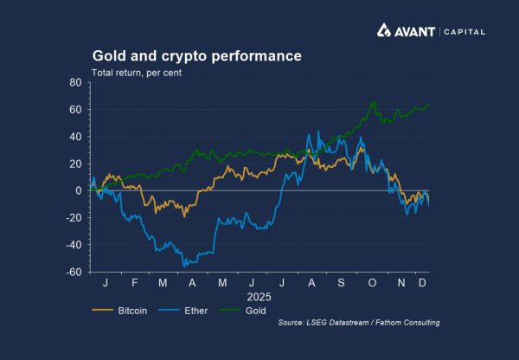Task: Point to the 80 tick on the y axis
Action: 75,83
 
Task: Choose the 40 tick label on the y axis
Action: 75,137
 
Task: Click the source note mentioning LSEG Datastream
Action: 359,324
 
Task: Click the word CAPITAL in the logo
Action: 464,32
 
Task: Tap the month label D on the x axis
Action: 421,283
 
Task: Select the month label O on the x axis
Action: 371,283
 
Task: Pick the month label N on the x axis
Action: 399,283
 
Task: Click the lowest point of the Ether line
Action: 184,266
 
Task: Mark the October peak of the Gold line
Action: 374,102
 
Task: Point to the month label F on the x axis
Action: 134,283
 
